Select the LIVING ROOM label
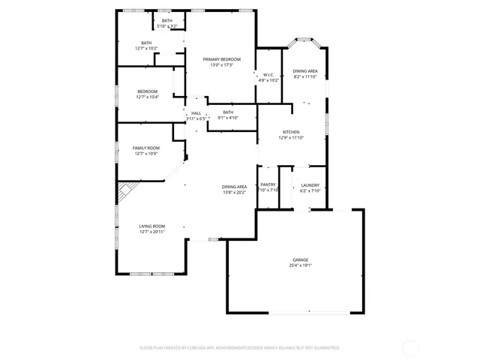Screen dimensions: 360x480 (x=151, y=226)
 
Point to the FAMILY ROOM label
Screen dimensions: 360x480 (x=146, y=148)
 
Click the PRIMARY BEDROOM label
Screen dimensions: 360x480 (x=221, y=59)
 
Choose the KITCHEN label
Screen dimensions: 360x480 (x=291, y=131)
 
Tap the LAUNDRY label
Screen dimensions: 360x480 (x=310, y=184)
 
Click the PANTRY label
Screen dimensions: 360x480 (x=268, y=184)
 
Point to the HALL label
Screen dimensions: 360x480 (x=196, y=113)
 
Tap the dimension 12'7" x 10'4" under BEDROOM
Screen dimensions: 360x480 (x=148, y=97)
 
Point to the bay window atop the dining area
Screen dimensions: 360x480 (x=304, y=38)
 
